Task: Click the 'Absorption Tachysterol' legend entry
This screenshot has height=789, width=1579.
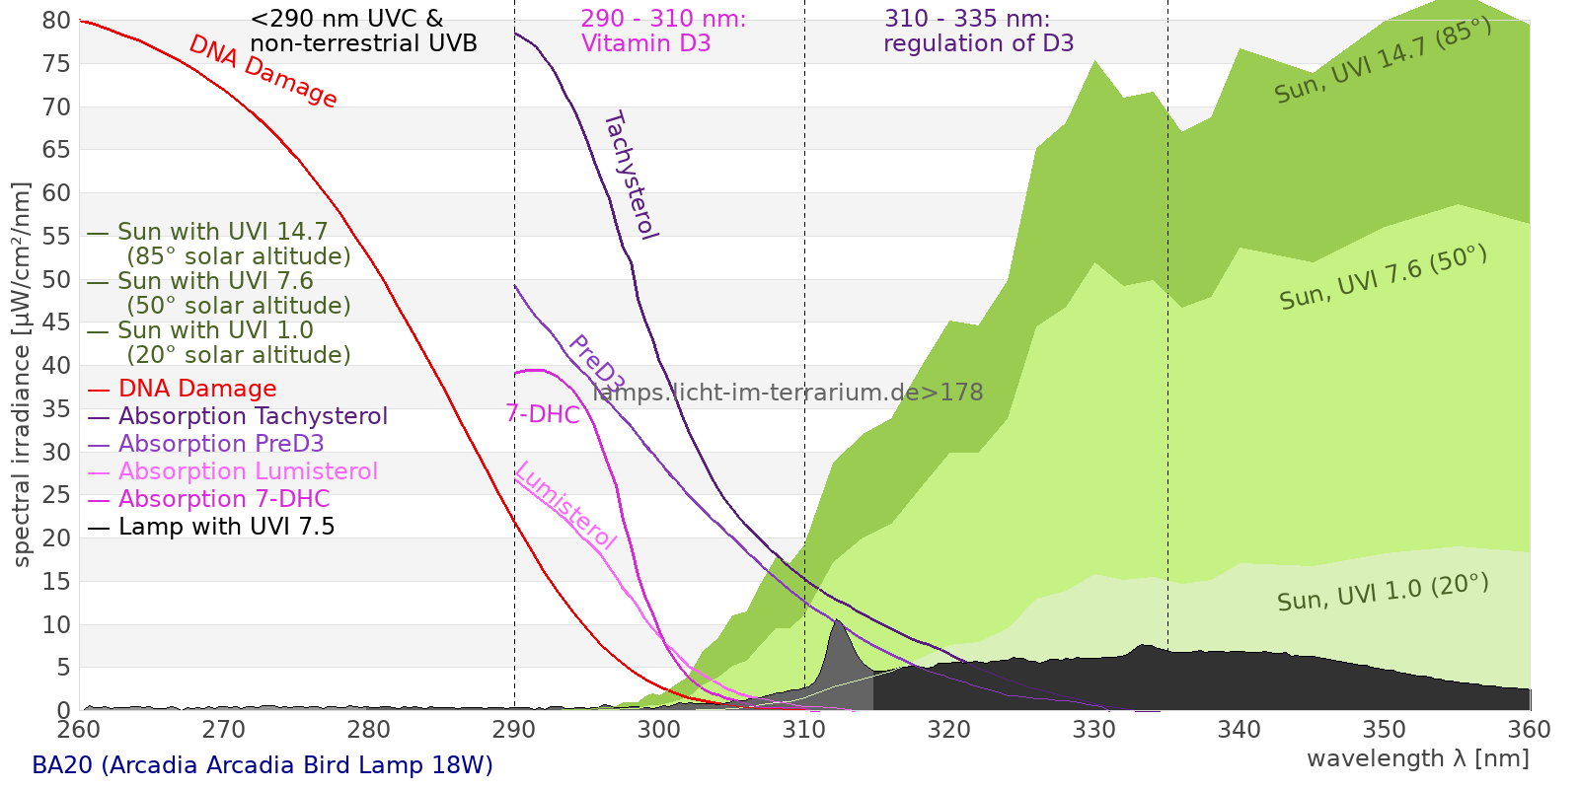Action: coord(253,416)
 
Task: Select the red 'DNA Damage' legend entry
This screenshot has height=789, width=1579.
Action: coord(197,389)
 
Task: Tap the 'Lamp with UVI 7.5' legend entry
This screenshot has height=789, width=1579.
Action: coord(226,527)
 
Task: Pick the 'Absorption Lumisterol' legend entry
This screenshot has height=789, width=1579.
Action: coord(248,471)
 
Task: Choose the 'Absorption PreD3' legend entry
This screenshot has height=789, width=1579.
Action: coord(221,444)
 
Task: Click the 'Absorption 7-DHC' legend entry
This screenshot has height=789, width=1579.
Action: coord(224,499)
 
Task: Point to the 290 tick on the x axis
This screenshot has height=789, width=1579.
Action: coord(514,729)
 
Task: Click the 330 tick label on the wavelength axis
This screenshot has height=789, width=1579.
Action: coord(1094,729)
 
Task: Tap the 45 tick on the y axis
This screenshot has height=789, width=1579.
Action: coord(57,323)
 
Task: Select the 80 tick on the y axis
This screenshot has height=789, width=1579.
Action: coord(57,21)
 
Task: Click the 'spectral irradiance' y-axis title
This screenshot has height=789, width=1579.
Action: coord(22,375)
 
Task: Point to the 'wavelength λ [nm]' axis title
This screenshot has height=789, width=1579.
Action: coord(1417,758)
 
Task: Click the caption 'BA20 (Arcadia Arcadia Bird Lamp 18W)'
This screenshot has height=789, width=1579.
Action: coord(263,765)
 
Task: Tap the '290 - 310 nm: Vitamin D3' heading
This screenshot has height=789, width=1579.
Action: coord(663,31)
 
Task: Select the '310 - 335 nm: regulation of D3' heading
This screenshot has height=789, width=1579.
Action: coord(978,31)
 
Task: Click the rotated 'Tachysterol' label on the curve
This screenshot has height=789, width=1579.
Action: coord(630,176)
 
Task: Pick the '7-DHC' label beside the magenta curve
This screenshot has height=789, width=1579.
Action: coord(543,414)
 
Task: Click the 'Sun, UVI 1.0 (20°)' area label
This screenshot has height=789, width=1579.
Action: coord(1382,594)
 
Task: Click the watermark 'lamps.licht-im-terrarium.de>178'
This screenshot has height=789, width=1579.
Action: coord(788,393)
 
